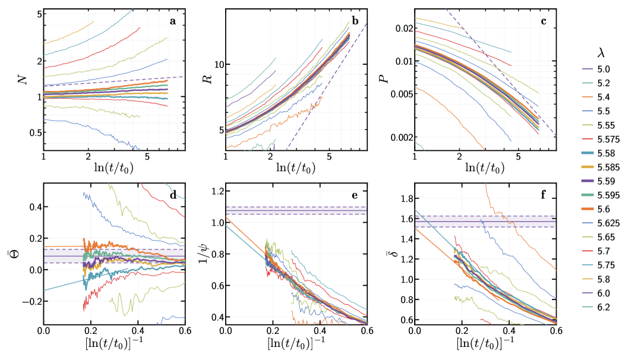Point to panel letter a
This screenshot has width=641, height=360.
[x=173, y=21]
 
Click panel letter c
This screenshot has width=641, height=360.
[x=543, y=21]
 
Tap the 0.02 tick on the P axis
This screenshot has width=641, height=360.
[x=400, y=29]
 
